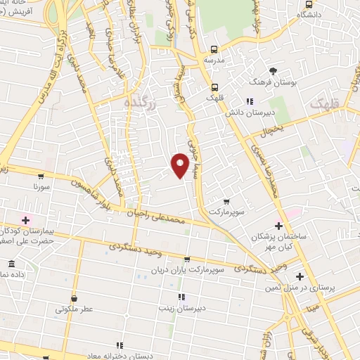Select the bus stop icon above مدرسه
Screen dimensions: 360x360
point(214,50)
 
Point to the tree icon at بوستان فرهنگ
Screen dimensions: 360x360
point(273,71)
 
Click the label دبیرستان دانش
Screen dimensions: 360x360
point(248,112)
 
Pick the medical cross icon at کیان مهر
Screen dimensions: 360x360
point(278,226)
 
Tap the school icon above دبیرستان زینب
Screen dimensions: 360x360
point(181,297)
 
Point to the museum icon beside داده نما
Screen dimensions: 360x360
point(11,264)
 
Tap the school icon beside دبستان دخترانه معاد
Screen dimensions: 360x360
point(120,345)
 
